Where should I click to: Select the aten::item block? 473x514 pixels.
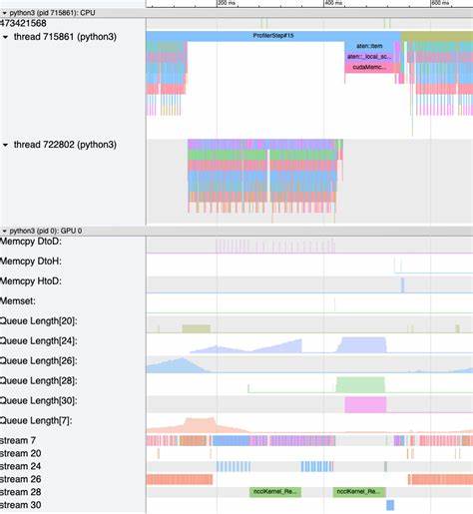(371, 47)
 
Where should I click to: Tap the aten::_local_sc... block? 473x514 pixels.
(371, 57)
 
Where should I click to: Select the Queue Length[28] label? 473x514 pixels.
(40, 381)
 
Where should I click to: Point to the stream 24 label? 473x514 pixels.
(21, 466)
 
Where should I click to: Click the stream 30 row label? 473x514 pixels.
(21, 505)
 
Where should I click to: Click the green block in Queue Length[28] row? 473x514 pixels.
(359, 384)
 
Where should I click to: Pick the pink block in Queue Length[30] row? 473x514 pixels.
(365, 404)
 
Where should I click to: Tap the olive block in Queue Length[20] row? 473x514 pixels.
(196, 327)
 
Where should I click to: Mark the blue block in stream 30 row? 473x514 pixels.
(390, 505)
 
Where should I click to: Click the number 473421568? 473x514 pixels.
(24, 23)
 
